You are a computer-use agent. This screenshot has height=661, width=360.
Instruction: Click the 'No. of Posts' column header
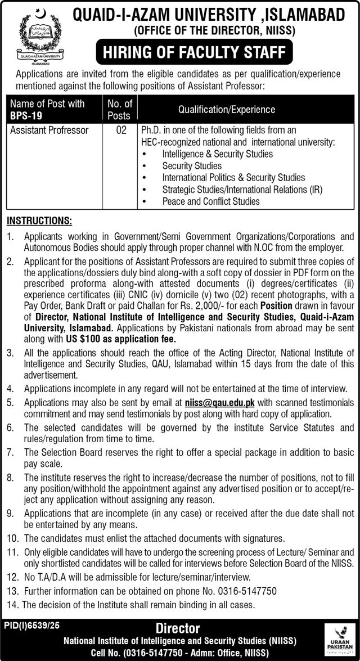[x=120, y=110]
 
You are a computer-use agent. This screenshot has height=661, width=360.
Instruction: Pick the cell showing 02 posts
[x=120, y=130]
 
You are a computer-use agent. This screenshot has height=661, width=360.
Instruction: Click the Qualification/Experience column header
[x=227, y=109]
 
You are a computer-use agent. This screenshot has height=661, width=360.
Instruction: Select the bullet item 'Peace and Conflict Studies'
[x=211, y=201]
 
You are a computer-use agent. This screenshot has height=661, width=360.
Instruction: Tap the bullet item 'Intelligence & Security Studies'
[x=217, y=154]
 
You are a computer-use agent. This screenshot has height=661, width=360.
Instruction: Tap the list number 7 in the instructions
[x=10, y=452]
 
